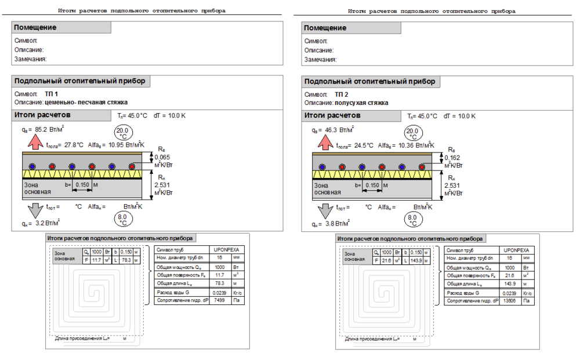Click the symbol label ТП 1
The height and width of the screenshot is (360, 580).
pyautogui.click(x=52, y=94)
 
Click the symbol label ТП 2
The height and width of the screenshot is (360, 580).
pyautogui.click(x=342, y=94)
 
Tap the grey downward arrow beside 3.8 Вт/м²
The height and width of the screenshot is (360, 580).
pyautogui.click(x=323, y=209)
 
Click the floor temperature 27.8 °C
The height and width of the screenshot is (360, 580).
pyautogui.click(x=74, y=146)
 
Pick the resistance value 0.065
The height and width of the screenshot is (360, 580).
pyautogui.click(x=162, y=157)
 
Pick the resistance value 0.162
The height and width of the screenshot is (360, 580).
pyautogui.click(x=452, y=157)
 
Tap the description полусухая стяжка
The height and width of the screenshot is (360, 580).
pyautogui.click(x=361, y=103)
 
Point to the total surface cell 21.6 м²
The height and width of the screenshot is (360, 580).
pyautogui.click(x=509, y=276)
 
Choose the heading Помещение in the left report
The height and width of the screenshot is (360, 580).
pyautogui.click(x=35, y=28)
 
